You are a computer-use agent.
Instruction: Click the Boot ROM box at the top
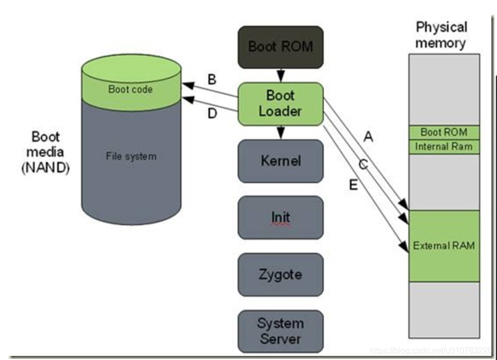[x=281, y=47]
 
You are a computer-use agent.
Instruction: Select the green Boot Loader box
[x=281, y=104]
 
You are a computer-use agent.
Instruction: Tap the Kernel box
[x=281, y=161]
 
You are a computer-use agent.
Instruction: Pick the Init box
[x=281, y=217]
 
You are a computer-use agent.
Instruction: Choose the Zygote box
[x=281, y=275]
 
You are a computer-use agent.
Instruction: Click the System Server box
[x=281, y=331]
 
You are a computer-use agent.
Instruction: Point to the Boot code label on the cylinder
[x=130, y=89]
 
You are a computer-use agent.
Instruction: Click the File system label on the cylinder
[x=131, y=156]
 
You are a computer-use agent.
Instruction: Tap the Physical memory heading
[x=441, y=35]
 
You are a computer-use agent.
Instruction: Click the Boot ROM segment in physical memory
[x=444, y=132]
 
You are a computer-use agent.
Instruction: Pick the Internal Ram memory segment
[x=444, y=147]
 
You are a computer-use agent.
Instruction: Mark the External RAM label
[x=444, y=246]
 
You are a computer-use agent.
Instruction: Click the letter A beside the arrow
[x=368, y=137]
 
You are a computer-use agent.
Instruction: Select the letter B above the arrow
[x=212, y=80]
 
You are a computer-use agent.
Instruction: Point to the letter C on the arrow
[x=363, y=165]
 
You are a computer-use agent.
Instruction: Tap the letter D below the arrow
[x=212, y=113]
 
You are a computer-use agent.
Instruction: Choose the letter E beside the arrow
[x=353, y=185]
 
